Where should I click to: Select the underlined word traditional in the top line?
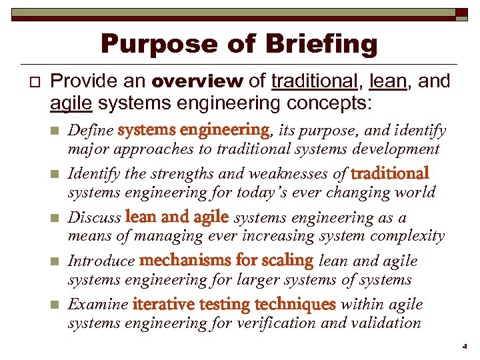pyautogui.click(x=313, y=81)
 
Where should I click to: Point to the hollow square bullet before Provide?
pyautogui.click(x=27, y=82)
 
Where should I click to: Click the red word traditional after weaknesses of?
pyautogui.click(x=389, y=173)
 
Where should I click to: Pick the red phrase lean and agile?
pyautogui.click(x=177, y=217)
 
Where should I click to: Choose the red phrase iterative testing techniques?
pyautogui.click(x=234, y=305)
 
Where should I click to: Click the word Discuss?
pyautogui.click(x=95, y=217)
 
